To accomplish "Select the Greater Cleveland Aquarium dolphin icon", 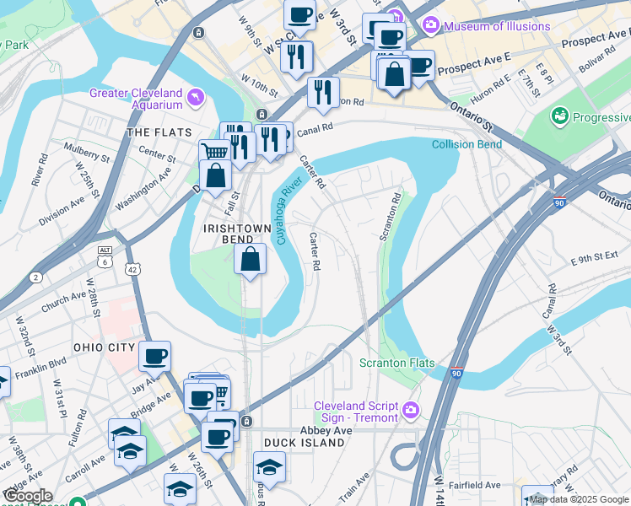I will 196,99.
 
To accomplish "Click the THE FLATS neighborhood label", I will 155,133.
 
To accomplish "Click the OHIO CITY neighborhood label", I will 104,347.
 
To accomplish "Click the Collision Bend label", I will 467,144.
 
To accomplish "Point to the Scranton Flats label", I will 397,363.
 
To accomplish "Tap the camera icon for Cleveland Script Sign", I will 410,412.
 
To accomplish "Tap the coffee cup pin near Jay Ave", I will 154,356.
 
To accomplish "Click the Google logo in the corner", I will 27,496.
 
